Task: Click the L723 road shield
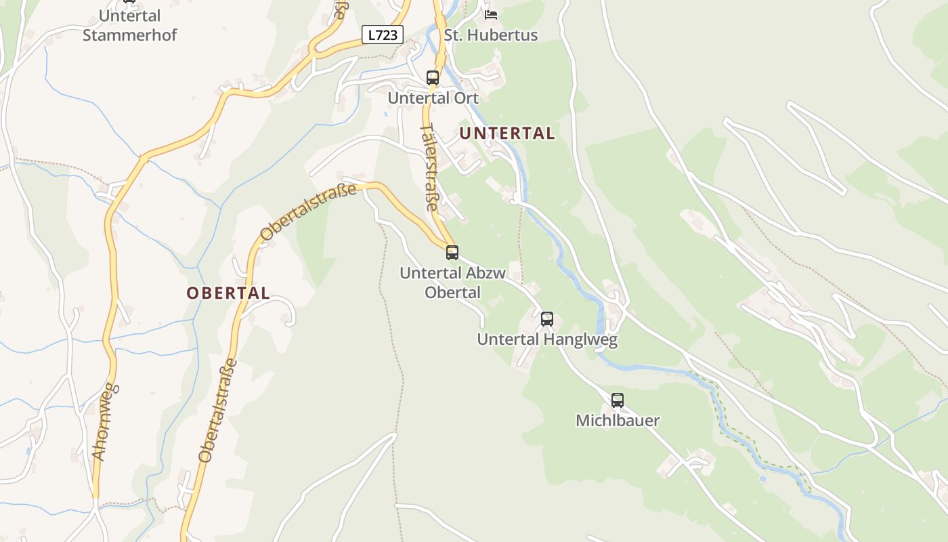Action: pos(383,35)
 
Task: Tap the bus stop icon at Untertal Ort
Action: pos(433,77)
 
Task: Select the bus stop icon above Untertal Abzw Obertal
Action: pos(452,253)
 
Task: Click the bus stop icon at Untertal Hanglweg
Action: pos(547,318)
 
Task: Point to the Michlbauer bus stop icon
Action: pos(618,400)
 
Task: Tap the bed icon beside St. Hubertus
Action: pos(491,14)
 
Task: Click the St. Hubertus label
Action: pos(491,35)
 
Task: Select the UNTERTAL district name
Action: pos(507,133)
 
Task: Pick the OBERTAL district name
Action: pos(228,293)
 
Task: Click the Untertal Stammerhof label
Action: pos(129,25)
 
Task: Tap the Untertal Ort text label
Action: pos(433,98)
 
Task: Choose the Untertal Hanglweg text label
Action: pos(547,339)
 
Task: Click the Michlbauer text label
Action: pos(618,421)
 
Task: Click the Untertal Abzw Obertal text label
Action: pos(452,283)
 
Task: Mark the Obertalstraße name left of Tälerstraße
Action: pos(308,212)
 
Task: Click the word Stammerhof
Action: pos(129,35)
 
